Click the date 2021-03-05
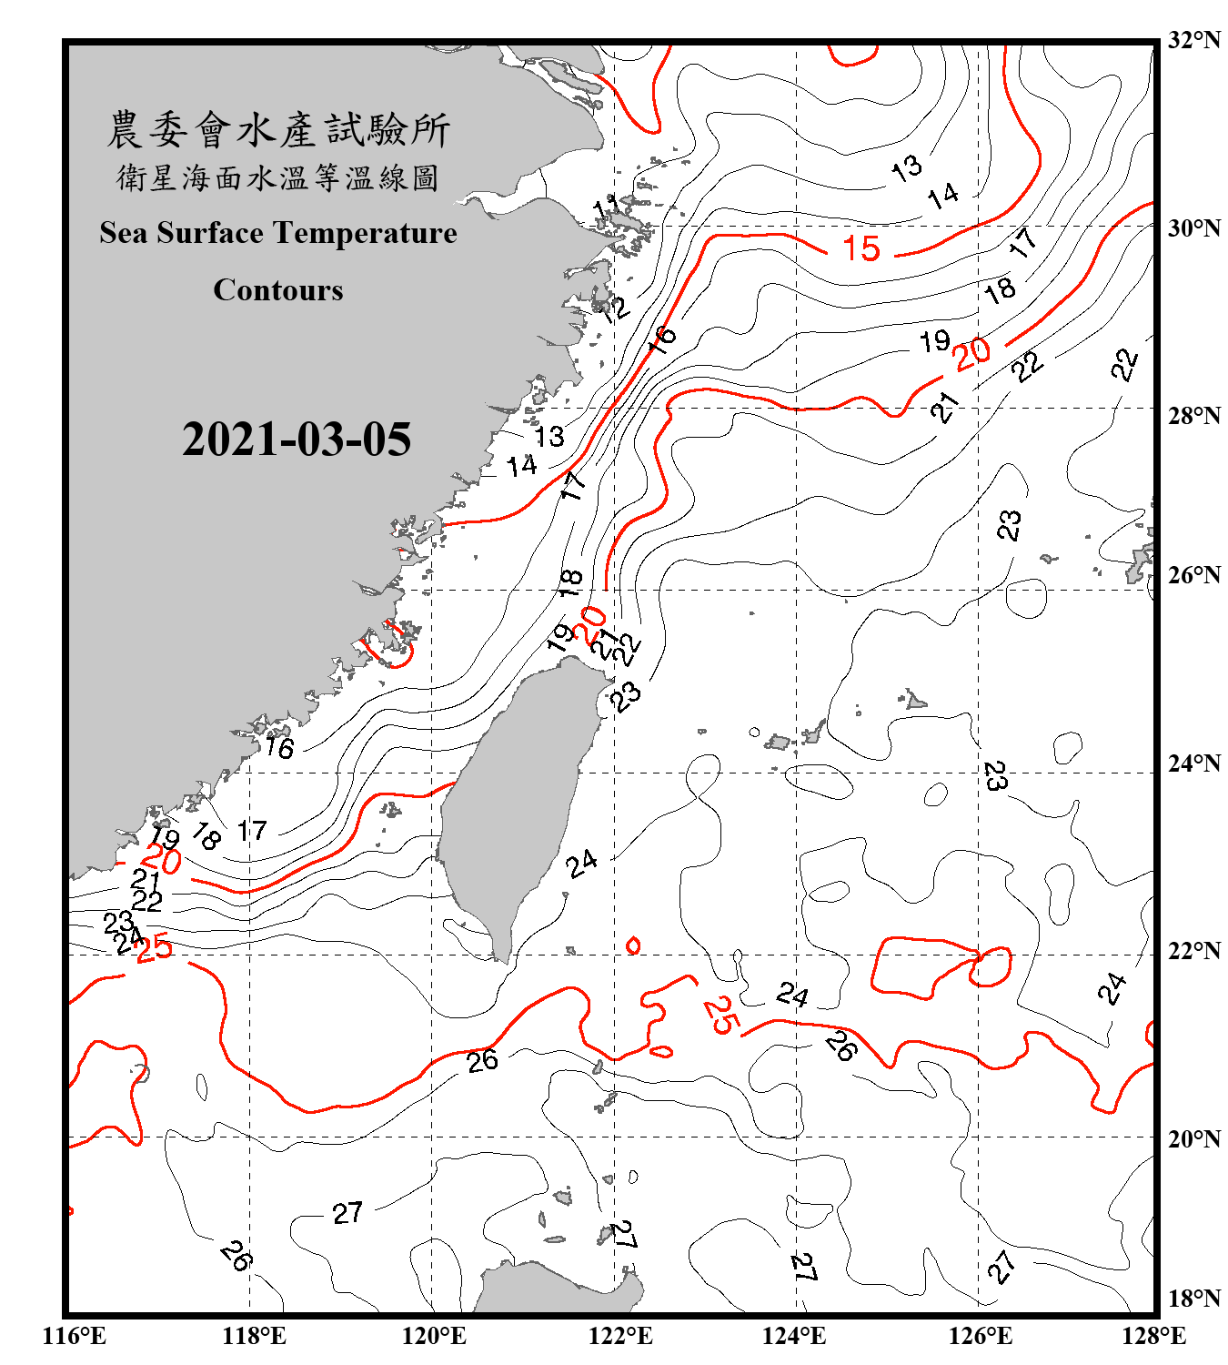[x=297, y=440]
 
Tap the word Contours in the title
[x=278, y=289]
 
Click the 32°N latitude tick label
[x=1194, y=40]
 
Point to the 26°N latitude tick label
[x=1194, y=575]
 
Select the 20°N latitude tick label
[x=1194, y=1138]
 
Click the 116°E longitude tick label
[x=75, y=1336]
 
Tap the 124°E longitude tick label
[x=794, y=1336]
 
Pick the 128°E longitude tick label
[x=1153, y=1336]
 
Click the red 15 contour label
[x=861, y=248]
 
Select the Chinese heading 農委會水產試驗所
[x=278, y=130]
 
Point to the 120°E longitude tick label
[x=434, y=1336]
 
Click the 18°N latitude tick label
[x=1194, y=1299]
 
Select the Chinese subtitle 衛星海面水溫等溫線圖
[x=278, y=177]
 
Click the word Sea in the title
[x=124, y=233]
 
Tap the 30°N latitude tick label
[x=1194, y=227]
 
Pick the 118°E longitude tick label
[x=254, y=1336]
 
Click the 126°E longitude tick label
[x=981, y=1336]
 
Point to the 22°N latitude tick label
[x=1194, y=951]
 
